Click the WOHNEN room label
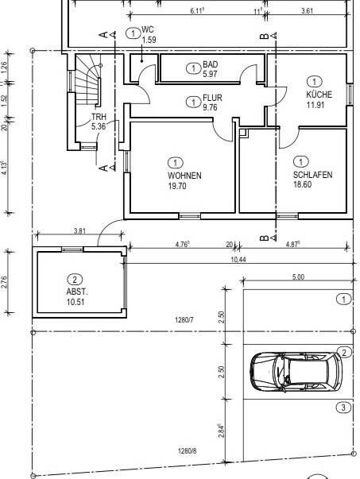point(184,176)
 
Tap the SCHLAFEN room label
point(312,175)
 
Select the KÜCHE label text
point(319,95)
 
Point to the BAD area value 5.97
point(211,74)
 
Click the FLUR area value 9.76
point(210,107)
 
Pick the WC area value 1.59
point(149,40)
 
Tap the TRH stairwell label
point(99,117)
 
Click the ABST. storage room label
point(77,292)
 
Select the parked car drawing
point(296,372)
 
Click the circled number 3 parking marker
point(343,408)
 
